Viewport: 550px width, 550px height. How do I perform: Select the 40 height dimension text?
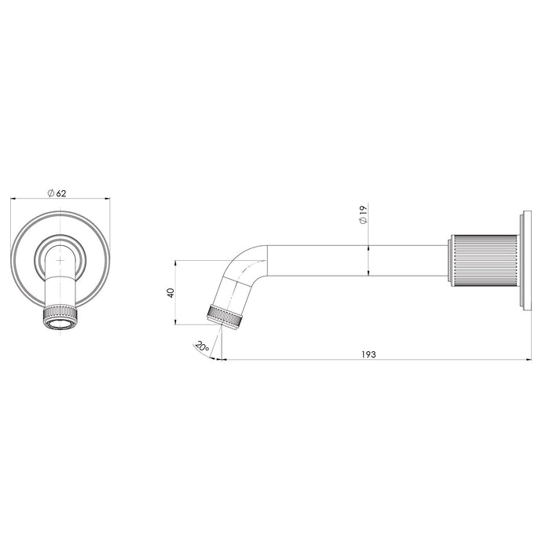(x=170, y=292)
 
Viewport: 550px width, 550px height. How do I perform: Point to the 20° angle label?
(x=201, y=346)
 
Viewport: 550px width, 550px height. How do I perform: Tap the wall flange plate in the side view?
(x=522, y=260)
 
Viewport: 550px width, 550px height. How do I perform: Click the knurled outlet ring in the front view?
(x=59, y=317)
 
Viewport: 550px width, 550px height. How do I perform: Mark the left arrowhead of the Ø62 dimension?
(x=12, y=200)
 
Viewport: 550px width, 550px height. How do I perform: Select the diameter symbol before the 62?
(x=50, y=192)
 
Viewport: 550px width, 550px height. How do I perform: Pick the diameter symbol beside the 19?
(x=362, y=222)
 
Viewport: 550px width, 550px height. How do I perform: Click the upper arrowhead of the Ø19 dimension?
(x=369, y=246)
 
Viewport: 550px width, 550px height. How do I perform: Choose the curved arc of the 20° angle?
(x=211, y=354)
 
